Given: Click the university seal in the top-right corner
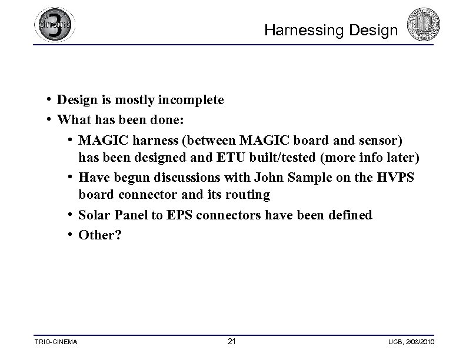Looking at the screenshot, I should tap(424, 24).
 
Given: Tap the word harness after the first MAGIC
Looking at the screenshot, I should tap(150, 141).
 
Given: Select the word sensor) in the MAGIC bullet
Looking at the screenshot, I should tap(381, 141).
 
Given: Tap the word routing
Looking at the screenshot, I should tap(248, 194).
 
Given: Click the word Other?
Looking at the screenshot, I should tap(99, 235).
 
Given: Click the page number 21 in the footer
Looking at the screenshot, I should tap(231, 342).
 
